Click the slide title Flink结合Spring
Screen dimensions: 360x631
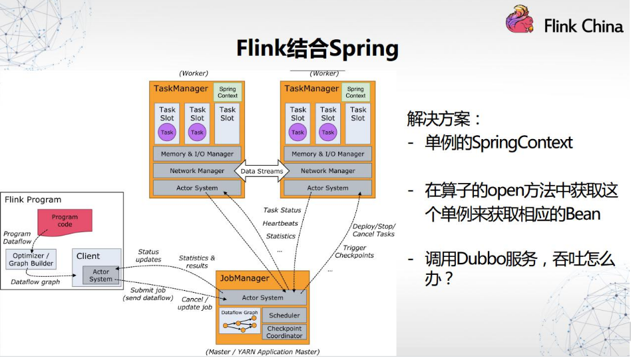point(317,49)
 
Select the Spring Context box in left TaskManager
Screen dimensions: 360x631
point(228,92)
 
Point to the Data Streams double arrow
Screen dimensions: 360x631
point(262,171)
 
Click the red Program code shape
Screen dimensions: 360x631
point(65,220)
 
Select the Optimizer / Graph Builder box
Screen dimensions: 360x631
point(31,259)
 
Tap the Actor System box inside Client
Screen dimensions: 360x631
point(101,275)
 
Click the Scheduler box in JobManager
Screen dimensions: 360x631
point(284,315)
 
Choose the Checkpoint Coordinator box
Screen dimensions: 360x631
point(284,332)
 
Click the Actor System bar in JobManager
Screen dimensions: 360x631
point(262,297)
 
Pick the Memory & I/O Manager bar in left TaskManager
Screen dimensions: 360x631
point(197,154)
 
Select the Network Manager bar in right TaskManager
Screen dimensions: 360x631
point(328,171)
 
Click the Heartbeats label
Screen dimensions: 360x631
point(281,223)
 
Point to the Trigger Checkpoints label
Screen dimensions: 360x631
point(354,252)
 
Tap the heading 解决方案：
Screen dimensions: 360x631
point(444,119)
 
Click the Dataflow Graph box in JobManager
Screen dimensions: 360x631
point(240,321)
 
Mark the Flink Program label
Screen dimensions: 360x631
point(33,200)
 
